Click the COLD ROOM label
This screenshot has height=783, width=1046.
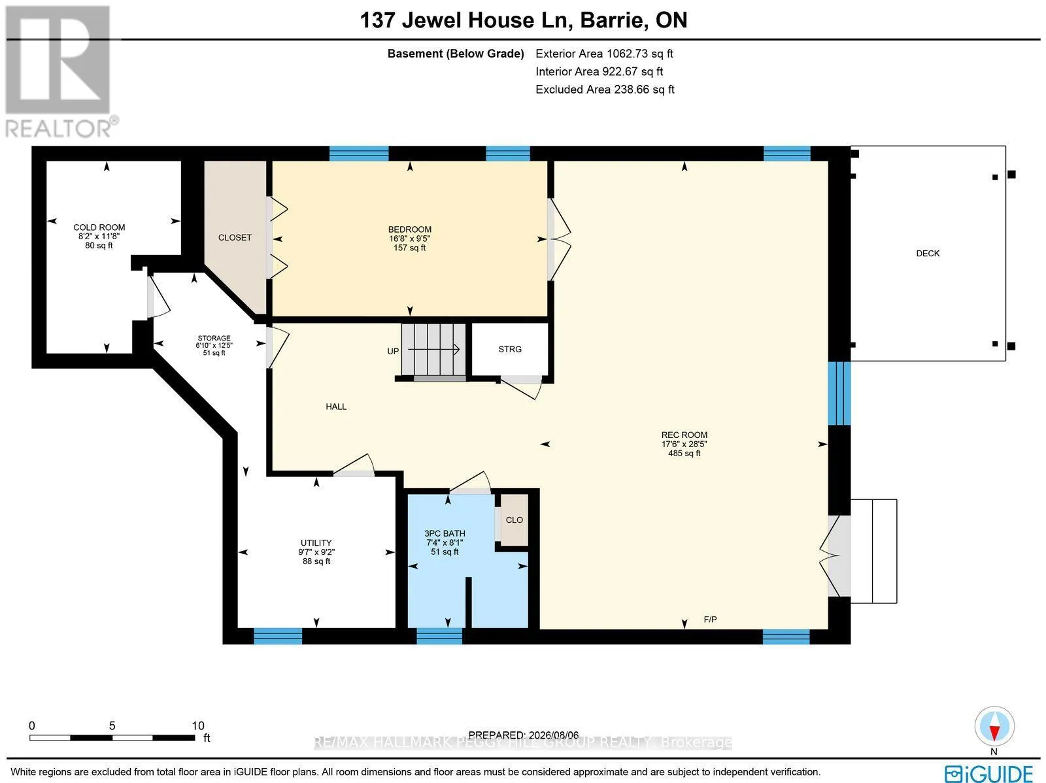pos(99,227)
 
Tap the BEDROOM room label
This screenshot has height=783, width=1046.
pos(410,229)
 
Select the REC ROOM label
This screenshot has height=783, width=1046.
pos(684,435)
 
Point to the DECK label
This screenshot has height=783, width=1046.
pos(928,254)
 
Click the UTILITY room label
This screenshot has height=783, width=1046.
pos(316,543)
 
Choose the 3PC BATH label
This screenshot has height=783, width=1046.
pos(445,534)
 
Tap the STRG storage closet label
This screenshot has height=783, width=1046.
pos(510,350)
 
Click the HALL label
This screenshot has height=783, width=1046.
pos(336,407)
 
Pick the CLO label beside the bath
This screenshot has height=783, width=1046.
pos(515,520)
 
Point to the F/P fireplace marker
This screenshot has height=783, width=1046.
pos(710,620)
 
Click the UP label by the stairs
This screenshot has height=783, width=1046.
pos(393,352)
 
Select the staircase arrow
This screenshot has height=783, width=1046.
pos(433,350)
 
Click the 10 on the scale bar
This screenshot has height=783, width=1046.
pos(198,726)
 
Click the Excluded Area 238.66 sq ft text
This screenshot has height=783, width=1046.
pos(605,90)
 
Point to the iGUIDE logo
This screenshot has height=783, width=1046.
pos(989,773)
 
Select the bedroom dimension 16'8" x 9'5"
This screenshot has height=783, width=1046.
pos(410,239)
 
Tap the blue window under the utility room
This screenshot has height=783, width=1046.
pos(278,637)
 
